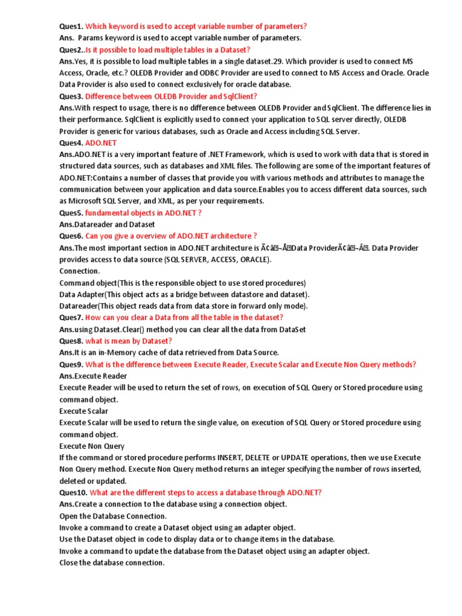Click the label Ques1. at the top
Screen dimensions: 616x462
coord(71,26)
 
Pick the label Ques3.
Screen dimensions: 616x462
coord(71,96)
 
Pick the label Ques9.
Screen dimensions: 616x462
coord(71,365)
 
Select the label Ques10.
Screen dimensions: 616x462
coord(73,493)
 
